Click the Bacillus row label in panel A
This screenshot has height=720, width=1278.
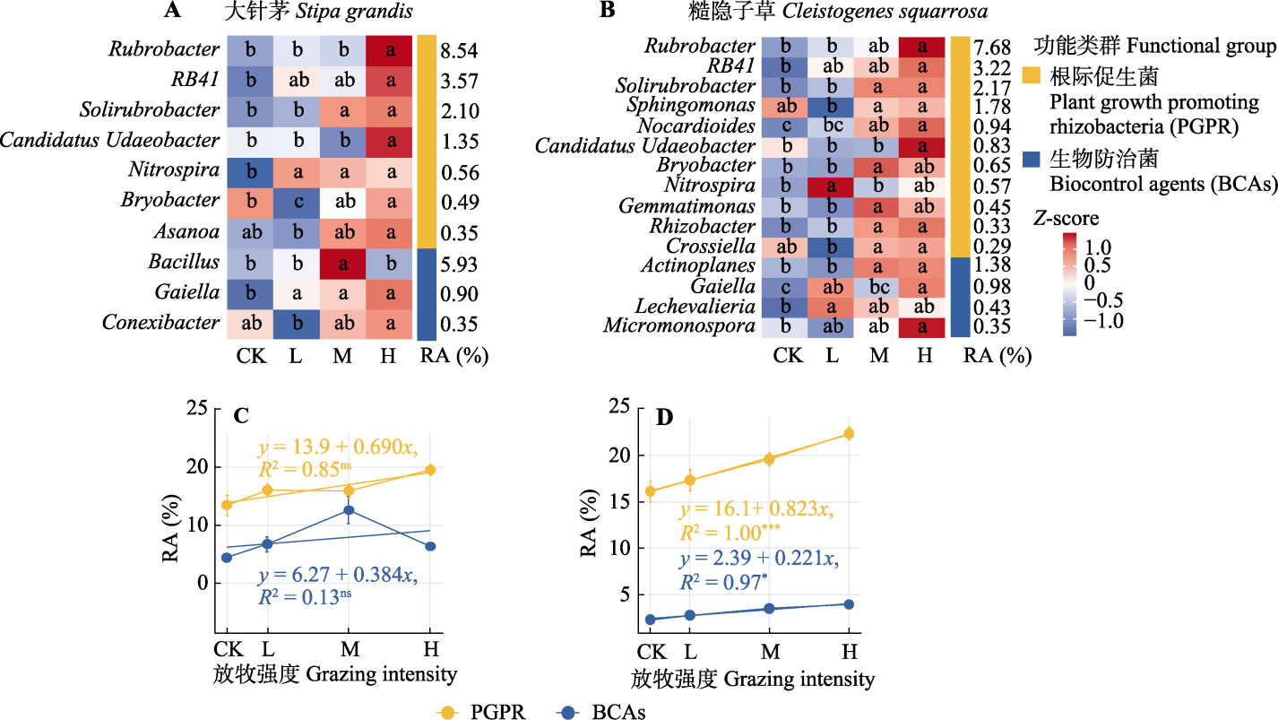[x=184, y=263]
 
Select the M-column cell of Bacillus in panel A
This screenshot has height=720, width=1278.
[x=341, y=263]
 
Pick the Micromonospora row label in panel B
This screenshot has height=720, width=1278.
[x=678, y=325]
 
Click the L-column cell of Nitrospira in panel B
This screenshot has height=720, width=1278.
[x=833, y=187]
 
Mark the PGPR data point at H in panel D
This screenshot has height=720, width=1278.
[x=849, y=433]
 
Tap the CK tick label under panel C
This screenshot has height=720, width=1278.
[x=226, y=647]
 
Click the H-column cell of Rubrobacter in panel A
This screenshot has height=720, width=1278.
[x=389, y=49]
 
